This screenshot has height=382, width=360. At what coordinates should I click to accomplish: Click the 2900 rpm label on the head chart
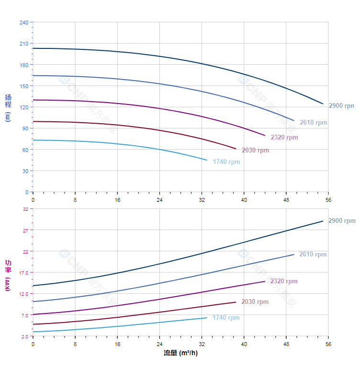[x=341, y=106]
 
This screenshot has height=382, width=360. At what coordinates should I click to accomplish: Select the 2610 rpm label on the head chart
[x=314, y=123]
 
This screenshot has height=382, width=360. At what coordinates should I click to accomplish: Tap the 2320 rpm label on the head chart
[x=284, y=138]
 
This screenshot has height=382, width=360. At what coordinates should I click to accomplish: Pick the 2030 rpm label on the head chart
[x=255, y=150]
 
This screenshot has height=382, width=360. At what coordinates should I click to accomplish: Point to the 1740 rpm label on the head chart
[x=226, y=162]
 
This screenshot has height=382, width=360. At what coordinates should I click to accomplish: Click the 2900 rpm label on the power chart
[x=342, y=221]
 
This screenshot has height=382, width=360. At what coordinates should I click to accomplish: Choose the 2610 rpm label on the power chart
[x=313, y=255]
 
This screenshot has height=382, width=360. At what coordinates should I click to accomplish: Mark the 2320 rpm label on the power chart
[x=284, y=281]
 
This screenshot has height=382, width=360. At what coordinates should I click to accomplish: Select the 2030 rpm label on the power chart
[x=255, y=302]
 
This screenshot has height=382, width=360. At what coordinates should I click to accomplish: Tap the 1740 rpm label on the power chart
[x=226, y=318]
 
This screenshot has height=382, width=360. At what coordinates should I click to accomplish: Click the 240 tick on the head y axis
[x=24, y=23]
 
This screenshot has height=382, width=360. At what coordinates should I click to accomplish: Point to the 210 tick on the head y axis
[x=24, y=44]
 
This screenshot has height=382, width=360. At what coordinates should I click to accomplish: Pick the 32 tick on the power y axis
[x=25, y=209]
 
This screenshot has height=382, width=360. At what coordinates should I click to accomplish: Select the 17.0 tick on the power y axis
[x=24, y=272]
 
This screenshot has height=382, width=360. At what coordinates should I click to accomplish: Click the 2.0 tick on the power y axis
[x=25, y=336]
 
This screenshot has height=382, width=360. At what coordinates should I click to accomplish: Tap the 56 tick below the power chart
[x=328, y=344]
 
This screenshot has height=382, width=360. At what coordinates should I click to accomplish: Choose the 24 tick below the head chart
[x=159, y=199]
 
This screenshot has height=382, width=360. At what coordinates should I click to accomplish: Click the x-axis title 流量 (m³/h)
[x=180, y=353]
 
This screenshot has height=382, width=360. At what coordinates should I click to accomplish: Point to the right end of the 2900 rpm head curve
[x=323, y=104]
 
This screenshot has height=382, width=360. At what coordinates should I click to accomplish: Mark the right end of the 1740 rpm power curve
[x=207, y=318]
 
